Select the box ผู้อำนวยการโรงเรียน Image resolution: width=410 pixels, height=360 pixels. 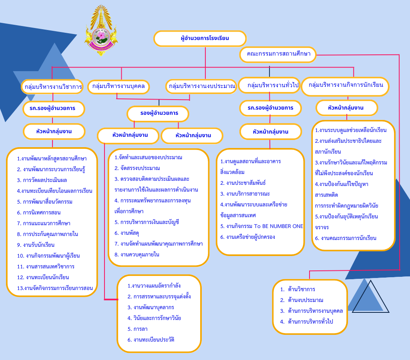200,39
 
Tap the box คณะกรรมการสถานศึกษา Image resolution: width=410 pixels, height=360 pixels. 278,54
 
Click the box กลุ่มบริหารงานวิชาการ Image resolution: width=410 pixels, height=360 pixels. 53,86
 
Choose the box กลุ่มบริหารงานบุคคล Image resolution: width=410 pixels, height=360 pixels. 119,86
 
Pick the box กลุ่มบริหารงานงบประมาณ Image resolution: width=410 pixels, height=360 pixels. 202,86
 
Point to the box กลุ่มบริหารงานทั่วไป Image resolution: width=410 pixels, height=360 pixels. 269,85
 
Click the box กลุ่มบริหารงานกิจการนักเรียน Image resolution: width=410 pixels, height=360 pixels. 345,85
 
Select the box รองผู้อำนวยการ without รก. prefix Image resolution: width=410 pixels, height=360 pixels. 158,114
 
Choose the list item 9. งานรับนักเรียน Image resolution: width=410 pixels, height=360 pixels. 36,245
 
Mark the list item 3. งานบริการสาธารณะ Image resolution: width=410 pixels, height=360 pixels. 244,194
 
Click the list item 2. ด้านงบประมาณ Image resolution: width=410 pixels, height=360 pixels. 301,300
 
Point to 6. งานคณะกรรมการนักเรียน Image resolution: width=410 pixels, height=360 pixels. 346,238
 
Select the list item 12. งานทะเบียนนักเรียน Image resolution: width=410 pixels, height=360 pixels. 43,277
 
